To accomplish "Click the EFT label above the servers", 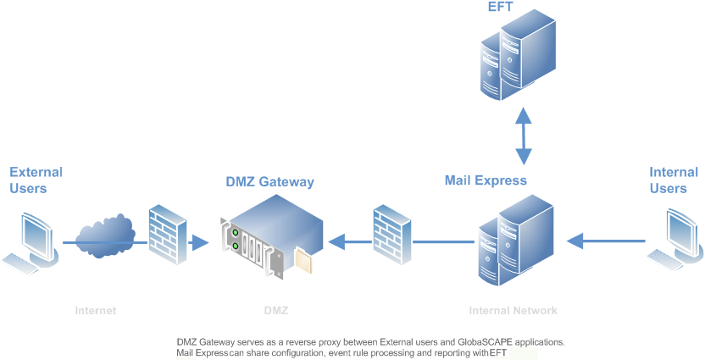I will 500,8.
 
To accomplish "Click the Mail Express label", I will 486,180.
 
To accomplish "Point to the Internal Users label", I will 674,180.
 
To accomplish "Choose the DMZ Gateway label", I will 269,182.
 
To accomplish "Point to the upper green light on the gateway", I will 236,231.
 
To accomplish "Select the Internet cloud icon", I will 105,234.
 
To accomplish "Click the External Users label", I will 36,180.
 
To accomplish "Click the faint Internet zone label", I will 95,311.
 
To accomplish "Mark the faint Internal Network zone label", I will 513,311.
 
